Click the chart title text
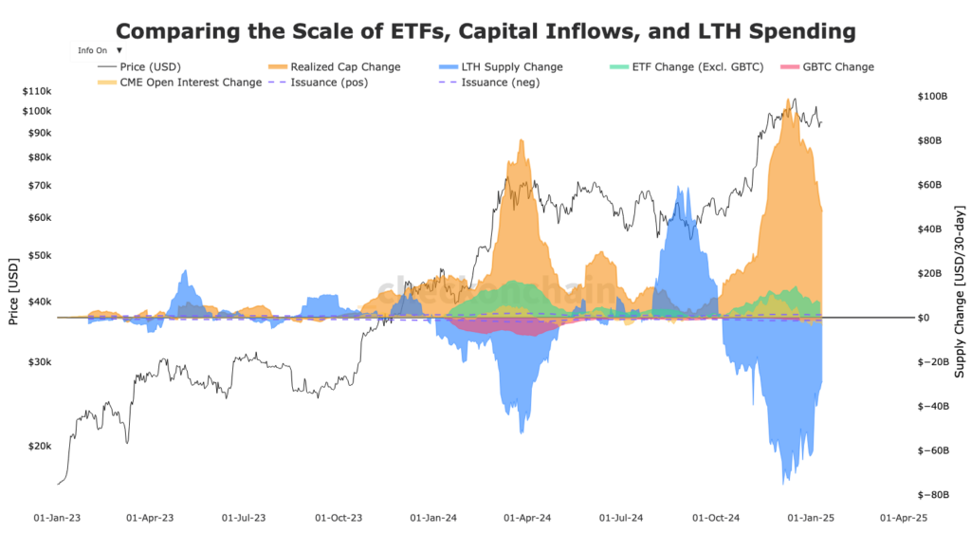click(x=485, y=30)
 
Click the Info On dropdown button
click(x=100, y=49)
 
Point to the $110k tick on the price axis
click(x=36, y=91)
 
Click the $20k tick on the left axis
click(x=39, y=446)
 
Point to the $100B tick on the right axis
click(x=932, y=97)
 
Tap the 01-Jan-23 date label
click(x=57, y=519)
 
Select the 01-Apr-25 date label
click(x=903, y=519)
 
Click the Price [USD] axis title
click(x=13, y=292)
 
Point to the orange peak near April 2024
click(x=521, y=142)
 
